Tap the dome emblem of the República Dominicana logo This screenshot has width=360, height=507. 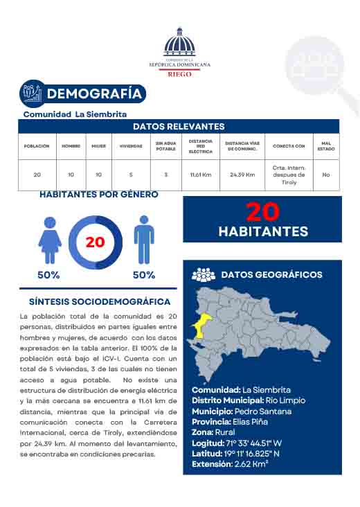coord(179,43)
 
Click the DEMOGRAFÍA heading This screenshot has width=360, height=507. coord(95,94)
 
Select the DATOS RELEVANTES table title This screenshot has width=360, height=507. coord(179,126)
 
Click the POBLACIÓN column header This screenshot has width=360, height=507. coord(37,146)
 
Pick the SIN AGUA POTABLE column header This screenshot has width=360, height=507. coord(166,146)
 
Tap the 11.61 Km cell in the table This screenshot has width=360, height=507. coord(201,175)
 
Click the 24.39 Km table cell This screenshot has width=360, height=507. coord(242,175)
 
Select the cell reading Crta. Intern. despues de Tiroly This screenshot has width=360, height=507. coord(289,175)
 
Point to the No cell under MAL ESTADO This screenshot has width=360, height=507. coord(326,175)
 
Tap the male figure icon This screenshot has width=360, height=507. coord(143,239)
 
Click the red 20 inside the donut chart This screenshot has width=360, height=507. coord(95,242)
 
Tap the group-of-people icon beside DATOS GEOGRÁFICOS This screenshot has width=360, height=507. coord(204,275)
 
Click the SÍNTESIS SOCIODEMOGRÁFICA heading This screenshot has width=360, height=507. coord(100,302)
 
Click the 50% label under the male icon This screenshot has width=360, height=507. coord(143,275)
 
